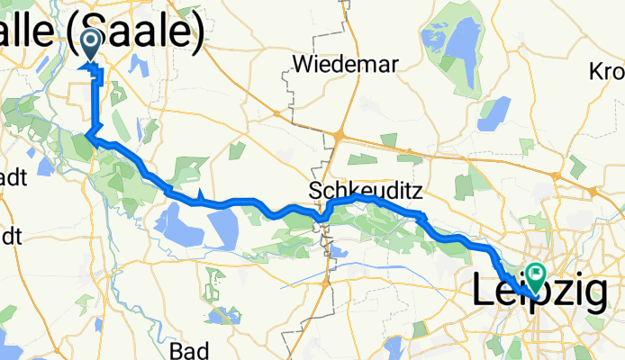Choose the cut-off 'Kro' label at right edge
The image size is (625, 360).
(606, 71)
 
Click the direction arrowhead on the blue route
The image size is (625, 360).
(200, 196)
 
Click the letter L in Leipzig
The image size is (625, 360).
(485, 292)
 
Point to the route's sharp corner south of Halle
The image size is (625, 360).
(87, 137)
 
